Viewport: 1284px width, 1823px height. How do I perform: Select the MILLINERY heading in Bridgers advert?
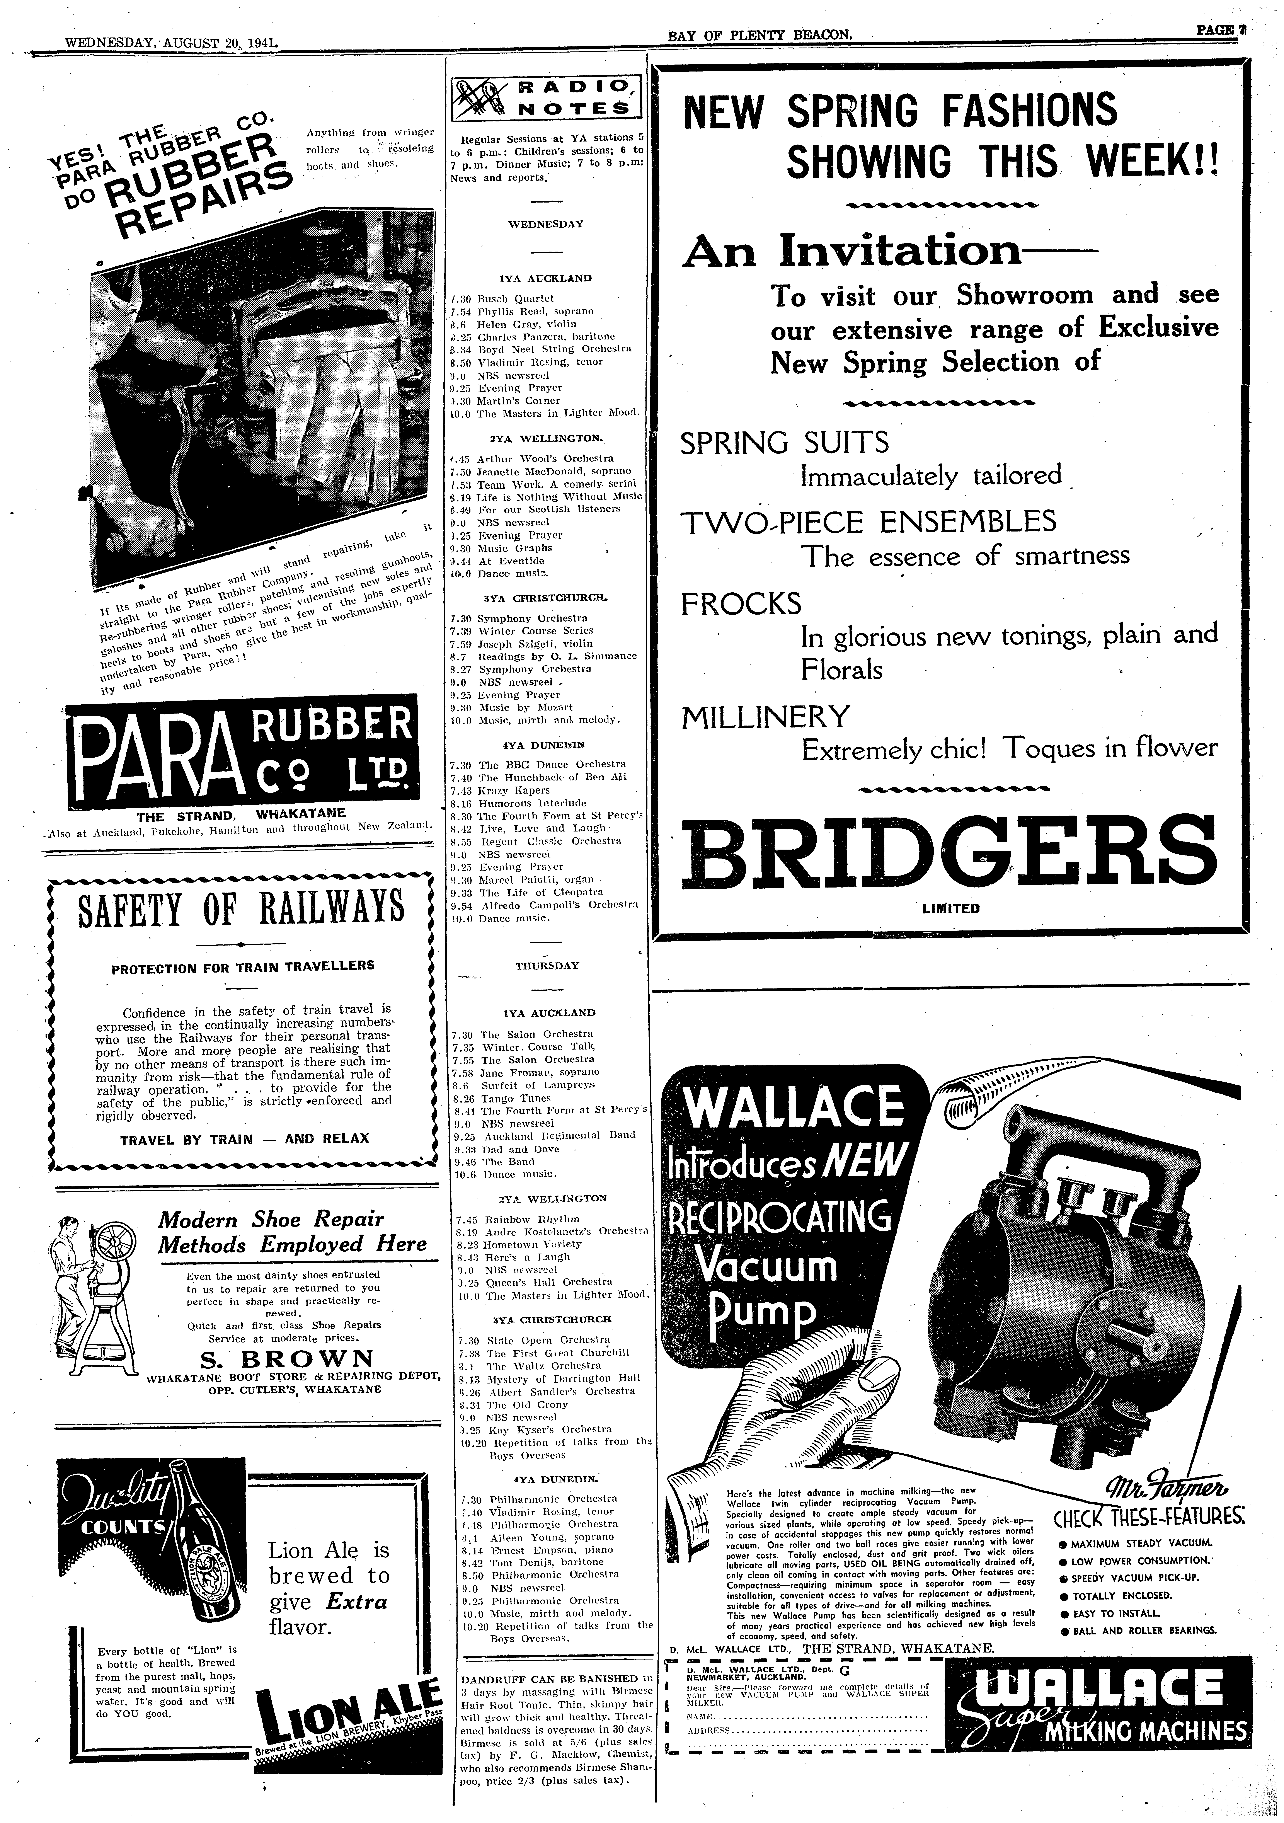[x=765, y=717]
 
